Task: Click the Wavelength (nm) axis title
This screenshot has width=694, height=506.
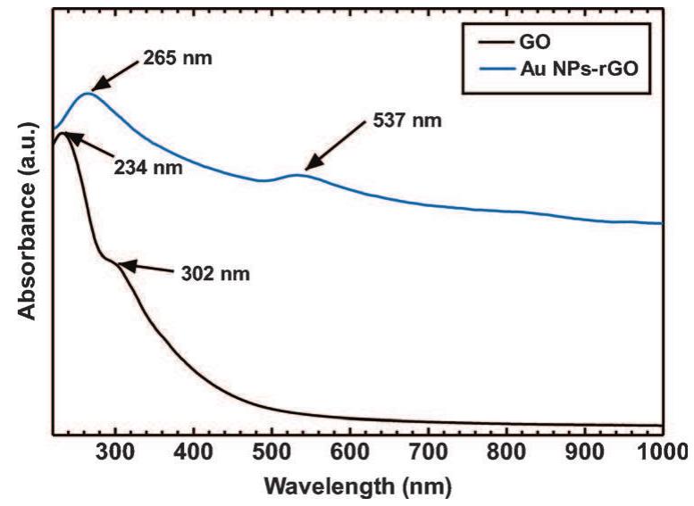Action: pos(356,487)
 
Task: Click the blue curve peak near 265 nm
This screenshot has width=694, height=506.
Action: pos(88,93)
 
